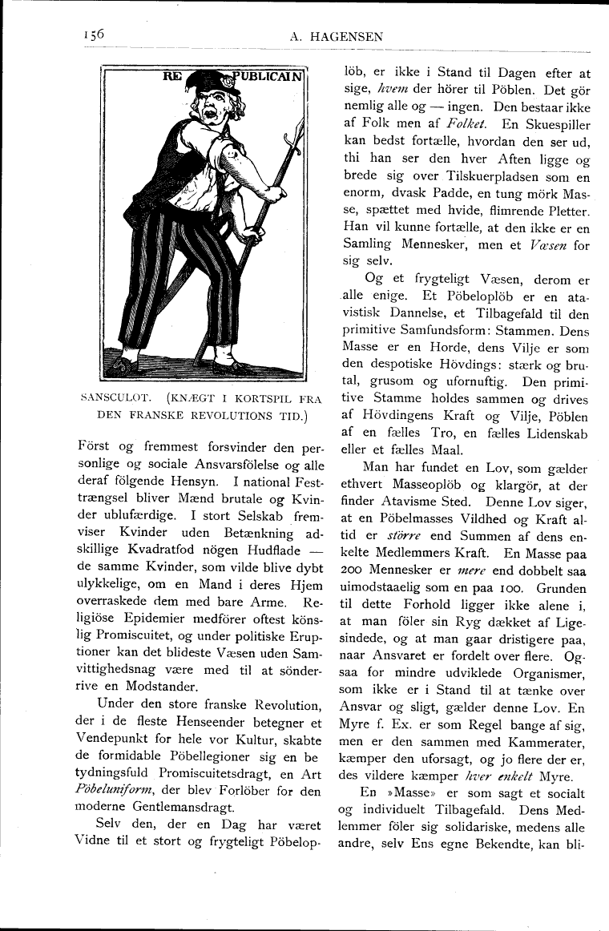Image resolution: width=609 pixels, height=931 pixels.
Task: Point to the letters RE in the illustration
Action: click(x=173, y=78)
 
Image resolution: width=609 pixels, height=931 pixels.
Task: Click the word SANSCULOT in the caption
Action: click(x=115, y=398)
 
